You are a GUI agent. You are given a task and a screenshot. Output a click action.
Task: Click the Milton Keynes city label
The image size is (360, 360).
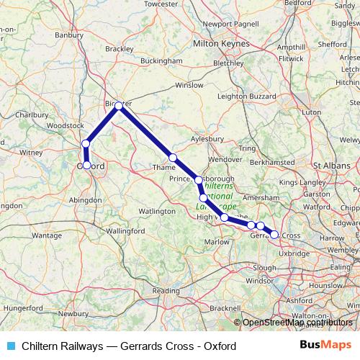(x=222, y=45)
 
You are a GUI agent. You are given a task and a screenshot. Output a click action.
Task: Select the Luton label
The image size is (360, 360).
(x=311, y=112)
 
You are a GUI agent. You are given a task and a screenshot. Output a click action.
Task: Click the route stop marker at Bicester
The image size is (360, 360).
(x=119, y=105)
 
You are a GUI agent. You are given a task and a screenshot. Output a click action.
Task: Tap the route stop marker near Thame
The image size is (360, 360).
(x=173, y=158)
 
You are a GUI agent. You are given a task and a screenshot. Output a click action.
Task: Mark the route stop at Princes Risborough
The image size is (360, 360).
(x=198, y=179)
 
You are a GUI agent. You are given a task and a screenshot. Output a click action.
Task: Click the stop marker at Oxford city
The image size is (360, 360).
(x=87, y=165)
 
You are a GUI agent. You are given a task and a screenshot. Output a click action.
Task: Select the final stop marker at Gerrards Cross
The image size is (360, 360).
(x=274, y=234)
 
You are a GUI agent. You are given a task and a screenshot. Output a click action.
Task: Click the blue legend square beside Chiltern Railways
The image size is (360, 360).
(x=9, y=346)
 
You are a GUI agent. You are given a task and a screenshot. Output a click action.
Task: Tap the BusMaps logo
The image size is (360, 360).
(x=325, y=346)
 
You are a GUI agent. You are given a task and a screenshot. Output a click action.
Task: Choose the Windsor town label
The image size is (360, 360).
(x=258, y=279)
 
